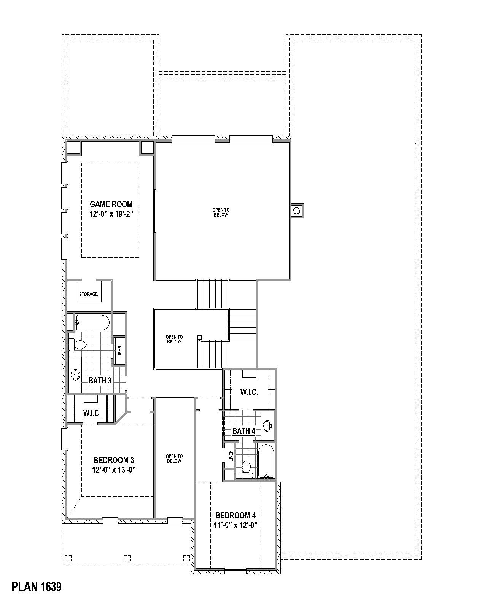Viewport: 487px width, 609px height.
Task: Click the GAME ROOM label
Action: click(111, 204)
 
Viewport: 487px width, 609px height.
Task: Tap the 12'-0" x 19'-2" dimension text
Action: click(111, 214)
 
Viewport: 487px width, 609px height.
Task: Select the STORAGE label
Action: click(88, 294)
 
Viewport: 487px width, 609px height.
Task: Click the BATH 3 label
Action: click(100, 380)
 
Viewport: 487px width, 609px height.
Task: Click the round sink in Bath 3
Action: click(75, 375)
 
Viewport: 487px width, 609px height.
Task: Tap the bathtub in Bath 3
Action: click(92, 322)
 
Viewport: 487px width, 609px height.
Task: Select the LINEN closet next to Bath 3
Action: click(119, 352)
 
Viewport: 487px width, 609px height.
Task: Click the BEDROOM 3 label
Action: click(113, 461)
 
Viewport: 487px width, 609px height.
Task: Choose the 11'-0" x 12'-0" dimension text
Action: click(236, 525)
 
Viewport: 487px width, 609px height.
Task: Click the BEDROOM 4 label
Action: click(236, 516)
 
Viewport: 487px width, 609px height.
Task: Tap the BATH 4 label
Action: click(243, 431)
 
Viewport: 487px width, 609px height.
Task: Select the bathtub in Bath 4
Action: click(266, 461)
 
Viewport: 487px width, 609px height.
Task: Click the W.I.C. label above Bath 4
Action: click(249, 392)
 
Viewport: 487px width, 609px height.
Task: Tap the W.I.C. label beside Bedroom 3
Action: click(92, 413)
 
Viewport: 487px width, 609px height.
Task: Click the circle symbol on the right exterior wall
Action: click(297, 210)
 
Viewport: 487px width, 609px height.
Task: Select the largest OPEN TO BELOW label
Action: click(221, 212)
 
